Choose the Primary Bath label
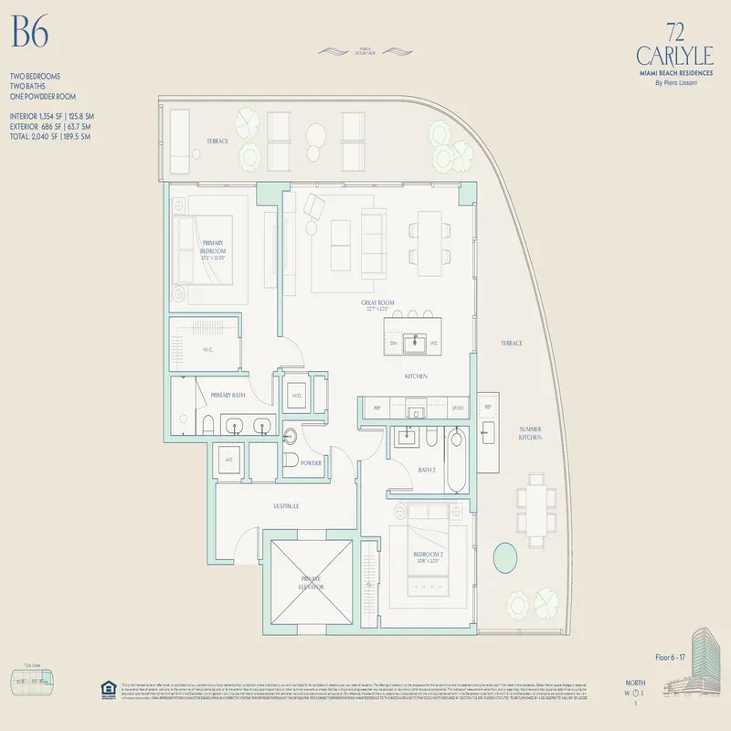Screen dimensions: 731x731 [x=228, y=395]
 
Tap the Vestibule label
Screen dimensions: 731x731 [x=286, y=505]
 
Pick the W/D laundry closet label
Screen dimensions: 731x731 [x=296, y=395]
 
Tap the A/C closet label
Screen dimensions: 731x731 [x=228, y=460]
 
